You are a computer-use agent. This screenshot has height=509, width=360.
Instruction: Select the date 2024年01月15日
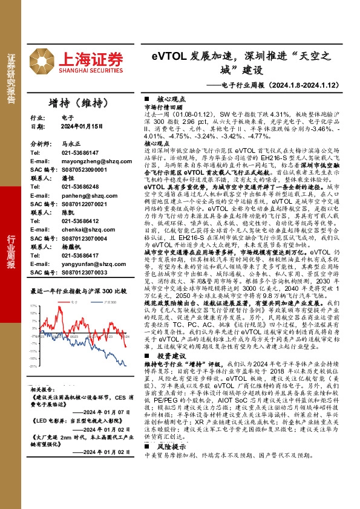click(x=84, y=127)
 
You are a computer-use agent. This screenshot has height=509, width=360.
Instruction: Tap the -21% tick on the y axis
click(x=34, y=366)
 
